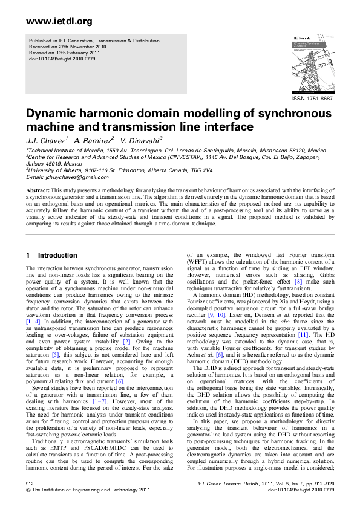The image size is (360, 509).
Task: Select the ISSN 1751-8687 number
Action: pos(312,99)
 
